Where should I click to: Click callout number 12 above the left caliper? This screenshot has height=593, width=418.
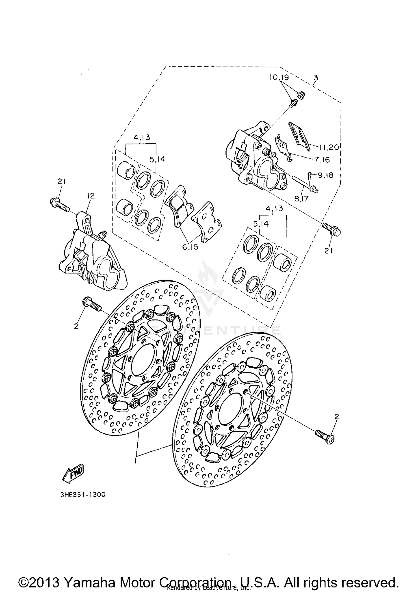[x=91, y=196]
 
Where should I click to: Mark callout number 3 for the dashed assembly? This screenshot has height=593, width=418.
[x=315, y=77]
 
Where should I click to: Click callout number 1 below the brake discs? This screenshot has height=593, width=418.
[x=135, y=461]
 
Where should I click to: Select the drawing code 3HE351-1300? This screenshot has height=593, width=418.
[x=83, y=495]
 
